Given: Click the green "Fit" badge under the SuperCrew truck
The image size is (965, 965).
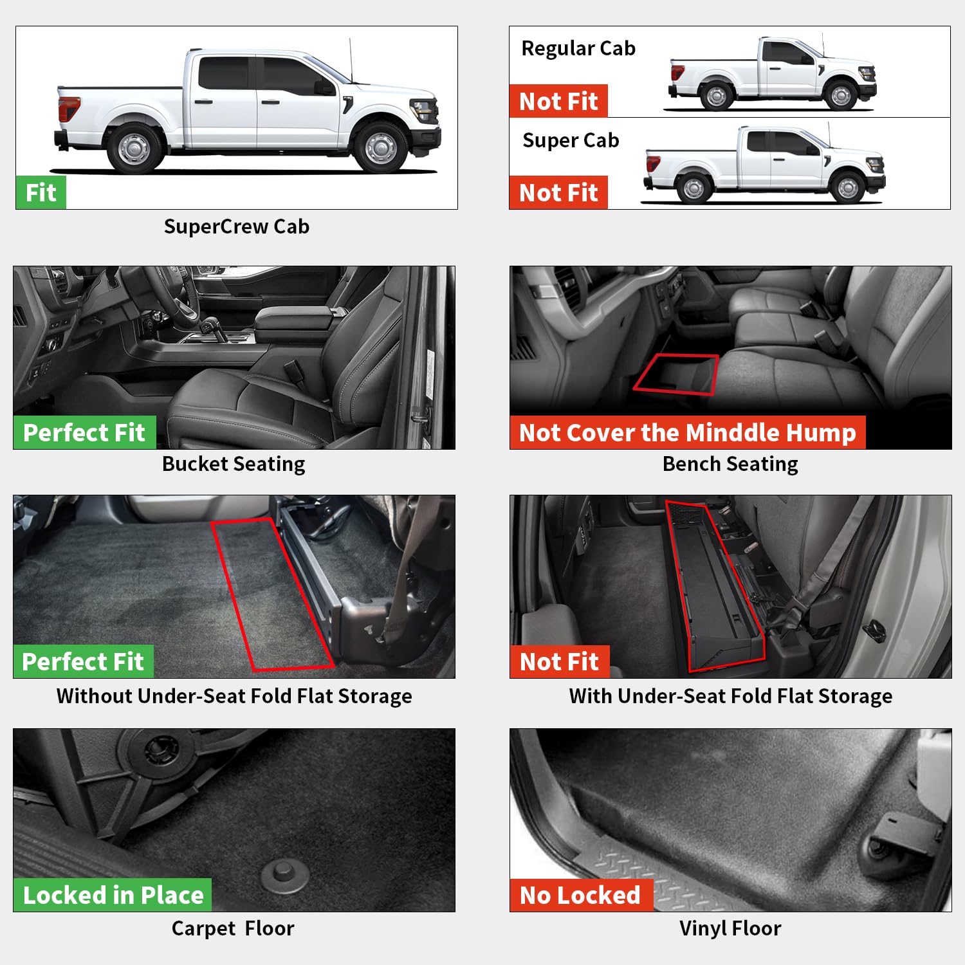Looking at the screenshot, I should point(41,192).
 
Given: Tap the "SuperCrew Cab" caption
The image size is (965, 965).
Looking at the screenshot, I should point(236,226).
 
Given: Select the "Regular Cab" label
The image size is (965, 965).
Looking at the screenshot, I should point(578,49).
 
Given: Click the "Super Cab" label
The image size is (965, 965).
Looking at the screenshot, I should point(571,140).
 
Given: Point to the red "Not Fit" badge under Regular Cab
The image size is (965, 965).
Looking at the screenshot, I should point(558,101).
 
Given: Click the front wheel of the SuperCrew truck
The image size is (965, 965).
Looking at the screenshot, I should point(381,147).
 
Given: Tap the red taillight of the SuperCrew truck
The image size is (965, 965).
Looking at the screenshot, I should point(69,108).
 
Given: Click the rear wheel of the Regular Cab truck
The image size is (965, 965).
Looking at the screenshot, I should point(715,96).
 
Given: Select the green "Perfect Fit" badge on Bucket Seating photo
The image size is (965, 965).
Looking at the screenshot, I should point(84,432).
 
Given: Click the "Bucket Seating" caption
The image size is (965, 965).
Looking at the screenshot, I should point(234,464).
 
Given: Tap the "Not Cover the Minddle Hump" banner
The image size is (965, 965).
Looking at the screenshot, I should point(687,432).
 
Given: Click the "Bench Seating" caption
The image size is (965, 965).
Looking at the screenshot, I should point(730,464).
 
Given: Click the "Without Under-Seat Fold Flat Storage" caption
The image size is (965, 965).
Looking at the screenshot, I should point(234,696).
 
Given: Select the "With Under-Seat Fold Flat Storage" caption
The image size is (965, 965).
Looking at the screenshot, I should point(730,696).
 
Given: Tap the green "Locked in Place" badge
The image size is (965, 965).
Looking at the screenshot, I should point(113,895).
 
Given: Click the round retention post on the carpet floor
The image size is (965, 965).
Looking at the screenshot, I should point(283,874).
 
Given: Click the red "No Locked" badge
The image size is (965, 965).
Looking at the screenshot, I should point(580,895).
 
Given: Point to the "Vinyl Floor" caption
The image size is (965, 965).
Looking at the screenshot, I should point(730,928).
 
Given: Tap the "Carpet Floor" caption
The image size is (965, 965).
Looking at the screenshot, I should point(233,928).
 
